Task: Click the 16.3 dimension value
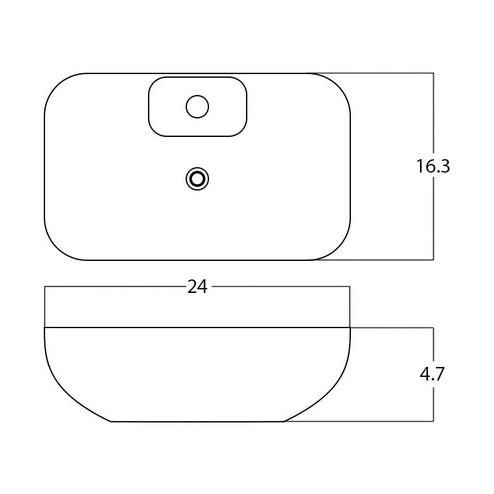pyautogui.click(x=432, y=167)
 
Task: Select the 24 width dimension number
pyautogui.click(x=197, y=287)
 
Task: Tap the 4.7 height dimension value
pyautogui.click(x=432, y=374)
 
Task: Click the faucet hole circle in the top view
pyautogui.click(x=197, y=107)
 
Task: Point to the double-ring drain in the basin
pyautogui.click(x=197, y=179)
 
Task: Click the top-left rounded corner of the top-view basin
pyautogui.click(x=57, y=86)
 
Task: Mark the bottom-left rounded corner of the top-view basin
pyautogui.click(x=57, y=247)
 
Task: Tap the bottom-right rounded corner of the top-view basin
pyautogui.click(x=338, y=247)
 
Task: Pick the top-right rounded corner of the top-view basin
pyautogui.click(x=338, y=86)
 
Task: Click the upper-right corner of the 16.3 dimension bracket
pyautogui.click(x=434, y=73)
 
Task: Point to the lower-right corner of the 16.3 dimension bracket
pyautogui.click(x=434, y=260)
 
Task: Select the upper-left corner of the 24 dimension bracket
pyautogui.click(x=45, y=287)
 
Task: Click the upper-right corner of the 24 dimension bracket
pyautogui.click(x=350, y=287)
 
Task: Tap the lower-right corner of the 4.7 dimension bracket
pyautogui.click(x=434, y=421)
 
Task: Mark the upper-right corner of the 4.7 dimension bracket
pyautogui.click(x=434, y=327)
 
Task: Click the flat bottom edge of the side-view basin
pyautogui.click(x=197, y=421)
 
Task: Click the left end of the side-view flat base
pyautogui.click(x=111, y=421)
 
